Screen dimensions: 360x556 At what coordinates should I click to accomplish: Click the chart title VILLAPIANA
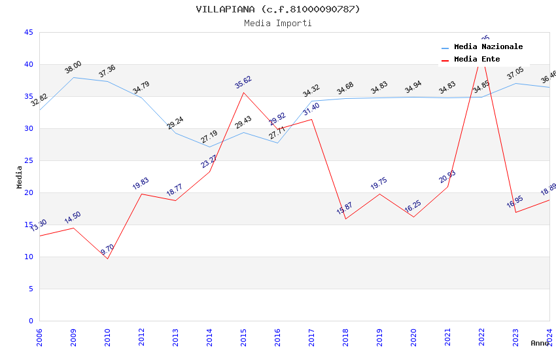pos(278,9)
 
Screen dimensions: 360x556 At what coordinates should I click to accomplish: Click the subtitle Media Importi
pos(278,24)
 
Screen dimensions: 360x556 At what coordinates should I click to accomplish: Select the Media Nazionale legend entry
pos(488,47)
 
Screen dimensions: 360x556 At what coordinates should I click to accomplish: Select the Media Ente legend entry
pos(477,60)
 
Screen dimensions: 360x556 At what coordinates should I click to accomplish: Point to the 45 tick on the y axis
pos(28,33)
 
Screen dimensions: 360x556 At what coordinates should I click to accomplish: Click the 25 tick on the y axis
pos(28,161)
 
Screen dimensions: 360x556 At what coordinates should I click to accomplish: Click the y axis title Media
pos(20,177)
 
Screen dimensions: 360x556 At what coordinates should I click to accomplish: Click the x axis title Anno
pos(540,343)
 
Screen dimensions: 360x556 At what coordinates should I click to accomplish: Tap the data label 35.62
pos(243,82)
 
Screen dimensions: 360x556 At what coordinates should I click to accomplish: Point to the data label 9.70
pos(107,250)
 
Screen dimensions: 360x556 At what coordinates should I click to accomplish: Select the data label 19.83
pos(141,184)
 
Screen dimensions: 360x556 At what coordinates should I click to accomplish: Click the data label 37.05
pos(515,73)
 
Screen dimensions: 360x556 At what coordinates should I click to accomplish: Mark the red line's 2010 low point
pos(107,259)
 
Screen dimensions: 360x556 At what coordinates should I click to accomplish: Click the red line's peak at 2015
pos(243,92)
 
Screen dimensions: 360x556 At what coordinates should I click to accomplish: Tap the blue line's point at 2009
pos(73,77)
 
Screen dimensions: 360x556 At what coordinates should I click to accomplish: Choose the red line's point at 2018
pos(345,219)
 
